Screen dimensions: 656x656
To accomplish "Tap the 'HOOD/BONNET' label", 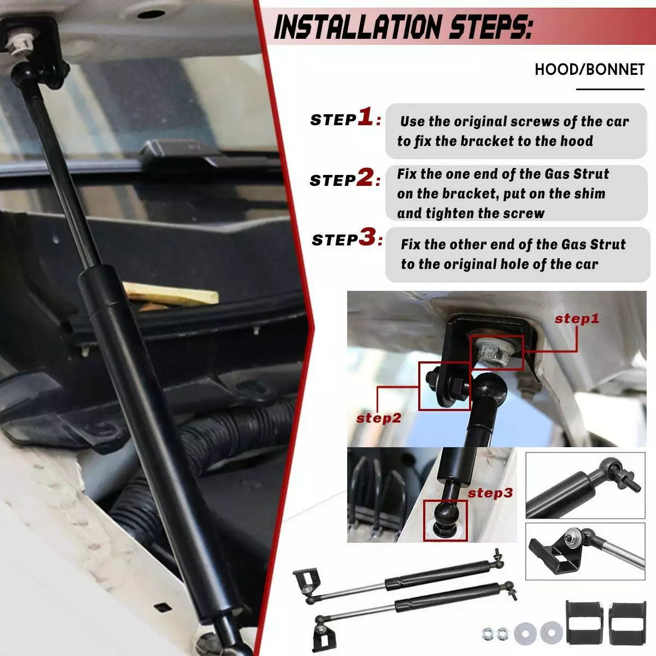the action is coord(590,69).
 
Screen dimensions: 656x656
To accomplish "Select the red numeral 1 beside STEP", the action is coord(366,117).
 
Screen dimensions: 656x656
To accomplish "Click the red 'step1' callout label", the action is coord(577,319).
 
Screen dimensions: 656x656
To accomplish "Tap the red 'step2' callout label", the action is coord(378,418).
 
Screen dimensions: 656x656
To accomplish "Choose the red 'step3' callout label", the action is coord(490,493).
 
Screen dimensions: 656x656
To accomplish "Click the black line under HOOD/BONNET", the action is coord(610,90).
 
